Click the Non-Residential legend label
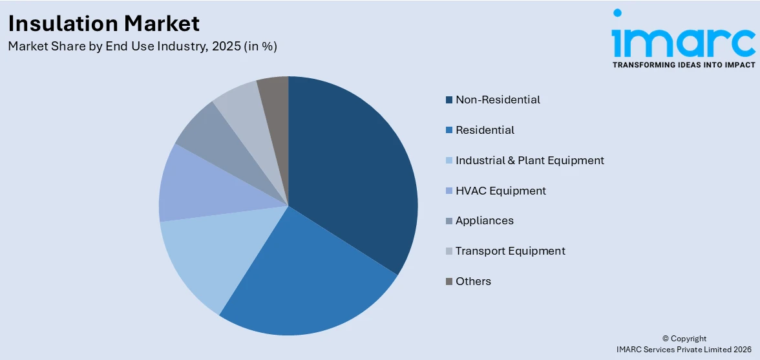pos(498,100)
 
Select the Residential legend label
pos(485,130)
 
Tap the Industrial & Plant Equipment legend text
pos(529,160)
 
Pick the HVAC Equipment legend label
pos(500,191)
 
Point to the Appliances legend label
pos(484,220)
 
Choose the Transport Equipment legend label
pos(510,251)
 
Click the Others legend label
pos(473,281)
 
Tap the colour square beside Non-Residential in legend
pos(449,100)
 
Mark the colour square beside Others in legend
pos(449,282)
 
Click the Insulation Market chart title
pos(104,23)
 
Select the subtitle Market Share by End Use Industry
pos(142,47)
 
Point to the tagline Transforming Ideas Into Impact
pos(683,65)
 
